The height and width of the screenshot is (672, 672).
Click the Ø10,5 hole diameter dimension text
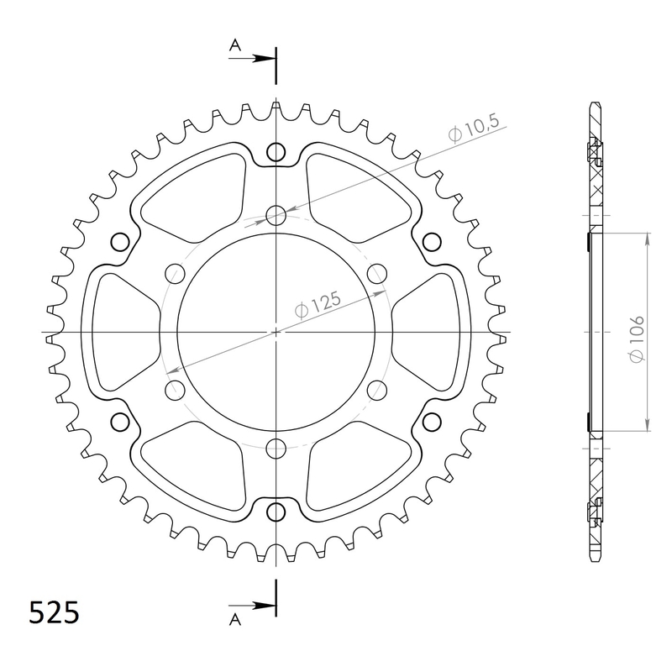[474, 129]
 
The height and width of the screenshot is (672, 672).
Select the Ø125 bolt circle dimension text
[318, 305]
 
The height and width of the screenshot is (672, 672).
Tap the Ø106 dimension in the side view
[638, 339]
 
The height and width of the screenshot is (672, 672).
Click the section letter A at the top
[235, 45]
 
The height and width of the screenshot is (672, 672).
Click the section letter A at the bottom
[235, 619]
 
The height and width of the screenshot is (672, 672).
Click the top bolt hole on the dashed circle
[276, 216]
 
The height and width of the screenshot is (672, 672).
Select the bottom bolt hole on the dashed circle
[276, 449]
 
